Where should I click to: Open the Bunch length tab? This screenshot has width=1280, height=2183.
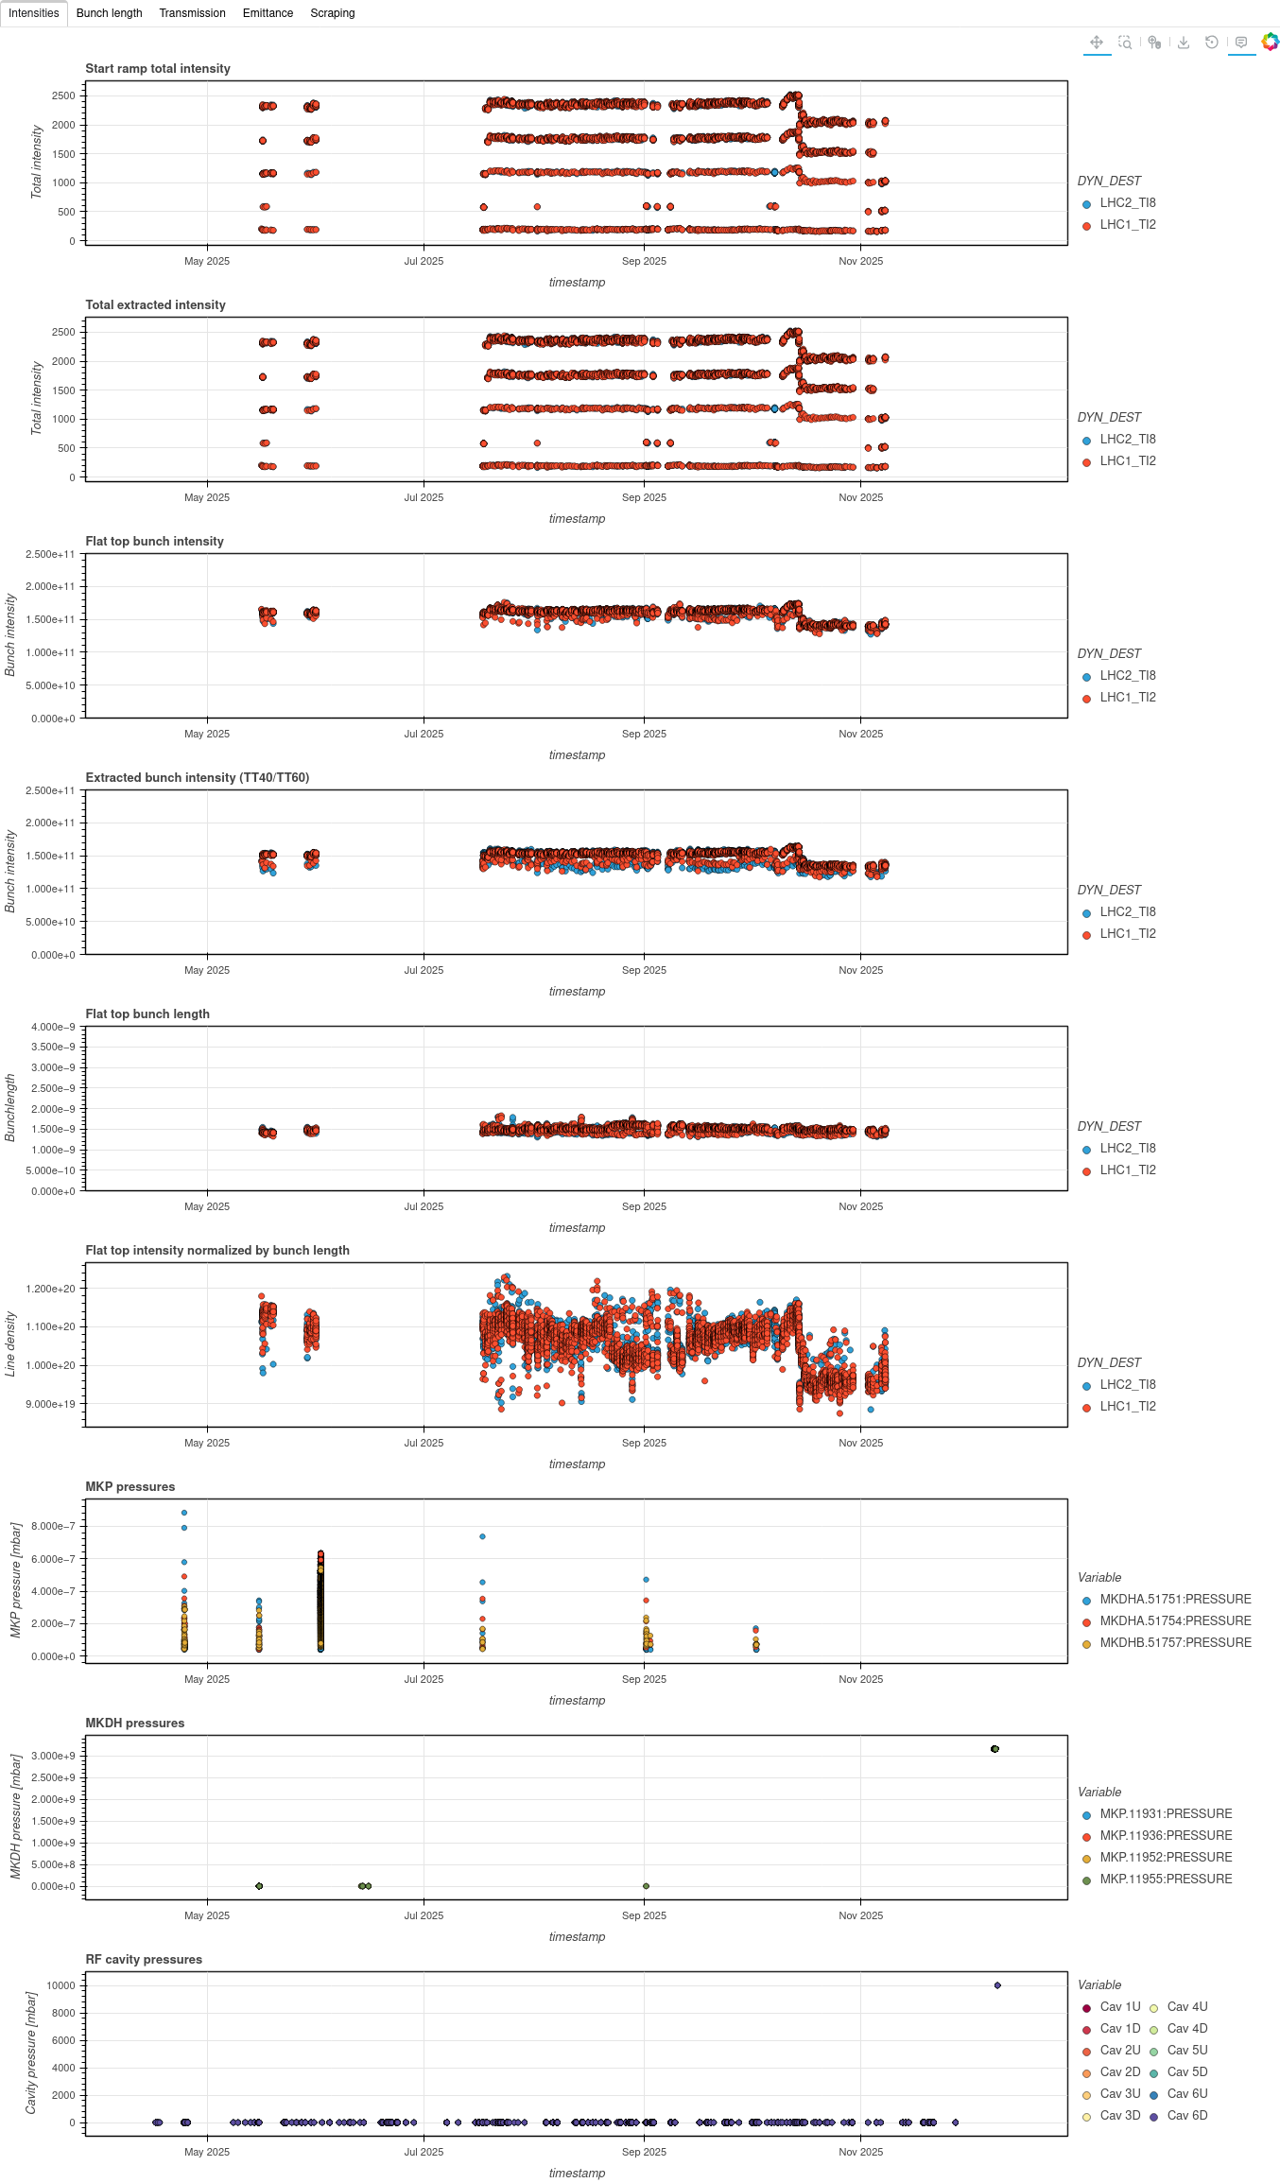point(109,13)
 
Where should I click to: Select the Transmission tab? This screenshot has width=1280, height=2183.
point(192,13)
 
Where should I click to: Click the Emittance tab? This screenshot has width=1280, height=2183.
point(268,13)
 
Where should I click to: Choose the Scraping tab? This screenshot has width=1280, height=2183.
point(333,13)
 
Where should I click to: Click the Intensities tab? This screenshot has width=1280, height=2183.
point(34,13)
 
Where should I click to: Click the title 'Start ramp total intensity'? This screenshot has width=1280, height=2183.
point(158,69)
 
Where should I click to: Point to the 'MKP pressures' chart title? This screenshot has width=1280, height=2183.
point(130,1487)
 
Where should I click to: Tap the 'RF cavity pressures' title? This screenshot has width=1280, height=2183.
point(144,1960)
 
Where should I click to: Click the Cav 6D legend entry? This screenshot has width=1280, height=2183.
point(1187,2116)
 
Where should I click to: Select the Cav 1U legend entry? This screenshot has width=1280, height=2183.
point(1120,2007)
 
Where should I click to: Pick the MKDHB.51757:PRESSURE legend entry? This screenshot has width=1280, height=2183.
point(1175,1643)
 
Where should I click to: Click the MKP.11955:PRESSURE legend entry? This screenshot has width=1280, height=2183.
point(1166,1880)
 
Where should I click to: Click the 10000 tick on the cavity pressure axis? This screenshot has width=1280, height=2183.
point(61,1985)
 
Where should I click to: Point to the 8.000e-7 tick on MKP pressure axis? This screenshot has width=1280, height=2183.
point(53,1526)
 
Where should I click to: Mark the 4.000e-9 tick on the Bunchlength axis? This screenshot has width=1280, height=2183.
point(53,1027)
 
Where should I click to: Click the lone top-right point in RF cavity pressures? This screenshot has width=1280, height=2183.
point(997,1985)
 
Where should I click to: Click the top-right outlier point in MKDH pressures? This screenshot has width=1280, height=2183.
point(995,1749)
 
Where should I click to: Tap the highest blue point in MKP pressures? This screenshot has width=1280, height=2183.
point(184,1513)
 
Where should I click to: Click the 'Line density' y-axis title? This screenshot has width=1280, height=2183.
point(10,1343)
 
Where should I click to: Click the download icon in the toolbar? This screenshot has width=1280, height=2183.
point(1183,43)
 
